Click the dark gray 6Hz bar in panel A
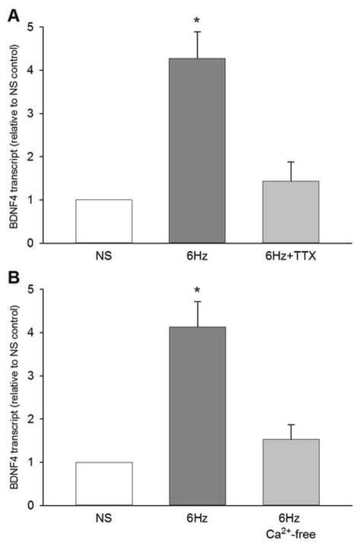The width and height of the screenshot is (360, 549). (197, 151)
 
